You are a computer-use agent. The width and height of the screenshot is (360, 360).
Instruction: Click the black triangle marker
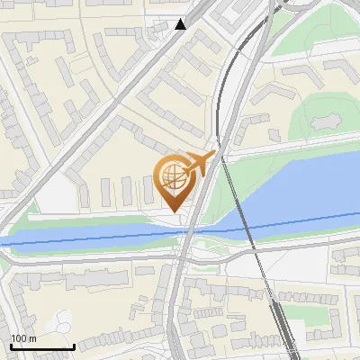pos(180,24)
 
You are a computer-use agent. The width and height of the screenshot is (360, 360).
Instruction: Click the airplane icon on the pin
pos(199,163)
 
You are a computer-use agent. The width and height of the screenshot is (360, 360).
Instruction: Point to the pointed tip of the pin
pos(175,211)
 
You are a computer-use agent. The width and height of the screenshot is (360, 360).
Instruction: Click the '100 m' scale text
pos(23,338)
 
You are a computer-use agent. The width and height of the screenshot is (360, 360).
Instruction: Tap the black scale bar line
pos(41,346)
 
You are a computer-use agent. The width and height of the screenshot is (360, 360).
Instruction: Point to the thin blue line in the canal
pos(90,236)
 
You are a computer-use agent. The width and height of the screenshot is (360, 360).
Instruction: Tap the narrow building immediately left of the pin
pos(149,189)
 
